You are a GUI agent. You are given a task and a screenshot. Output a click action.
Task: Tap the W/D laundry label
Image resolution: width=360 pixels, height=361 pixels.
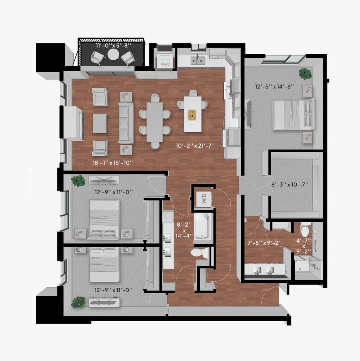[204, 198]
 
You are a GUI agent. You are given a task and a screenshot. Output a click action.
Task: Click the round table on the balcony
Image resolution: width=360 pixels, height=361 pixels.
[113, 55]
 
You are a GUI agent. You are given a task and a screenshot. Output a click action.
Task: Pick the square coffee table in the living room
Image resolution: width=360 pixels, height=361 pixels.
[100, 123]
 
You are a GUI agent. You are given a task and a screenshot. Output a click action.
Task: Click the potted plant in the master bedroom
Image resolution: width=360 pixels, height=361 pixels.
[305, 74]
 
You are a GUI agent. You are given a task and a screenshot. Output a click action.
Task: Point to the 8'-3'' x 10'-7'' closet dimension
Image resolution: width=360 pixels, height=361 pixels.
[290, 184]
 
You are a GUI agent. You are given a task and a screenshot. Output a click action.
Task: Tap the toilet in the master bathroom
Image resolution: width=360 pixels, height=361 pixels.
[305, 230]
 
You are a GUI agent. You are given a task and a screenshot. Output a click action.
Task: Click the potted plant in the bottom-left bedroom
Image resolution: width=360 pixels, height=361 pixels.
[78, 302]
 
